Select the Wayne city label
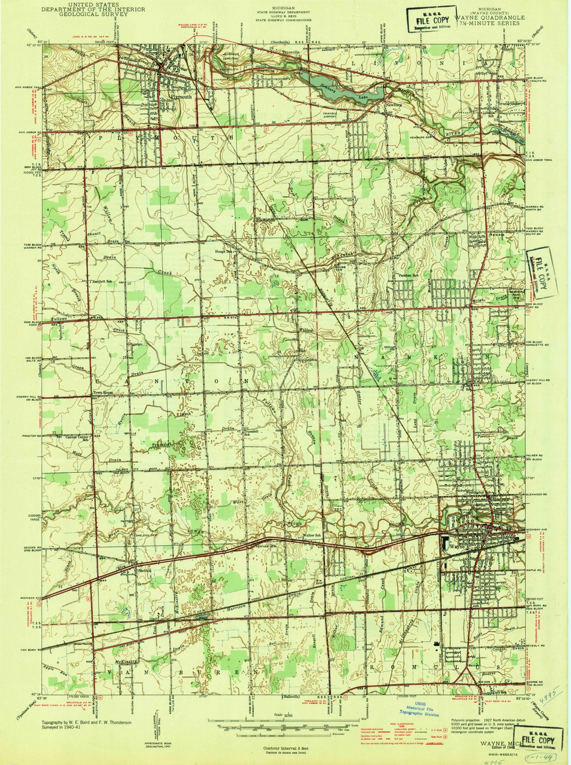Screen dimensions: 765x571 (459, 544)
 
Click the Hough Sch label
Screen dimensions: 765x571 (224, 251)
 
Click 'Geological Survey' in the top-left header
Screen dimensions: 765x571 (85, 14)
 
